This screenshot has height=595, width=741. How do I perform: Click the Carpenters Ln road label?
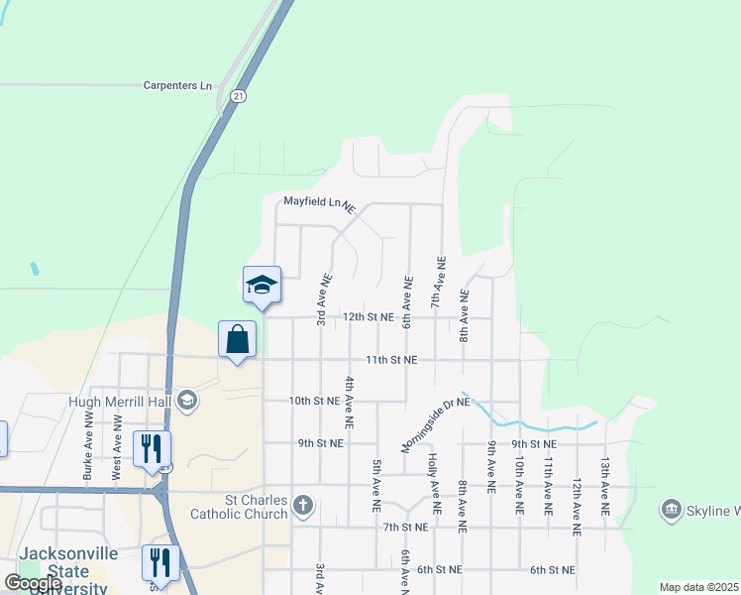(178, 86)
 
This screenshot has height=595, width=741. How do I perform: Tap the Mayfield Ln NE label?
(319, 201)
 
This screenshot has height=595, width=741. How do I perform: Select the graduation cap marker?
(263, 285)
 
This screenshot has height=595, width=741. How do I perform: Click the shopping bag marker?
(238, 339)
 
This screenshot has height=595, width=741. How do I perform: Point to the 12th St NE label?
(369, 318)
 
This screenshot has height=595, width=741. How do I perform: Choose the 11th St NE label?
(391, 360)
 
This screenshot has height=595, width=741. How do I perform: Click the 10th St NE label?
(314, 401)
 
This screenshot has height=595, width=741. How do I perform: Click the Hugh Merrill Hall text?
(120, 402)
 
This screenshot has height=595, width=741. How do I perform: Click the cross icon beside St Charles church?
(303, 508)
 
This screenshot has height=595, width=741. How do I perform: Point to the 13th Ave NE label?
(604, 483)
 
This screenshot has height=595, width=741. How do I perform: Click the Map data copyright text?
(697, 587)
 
